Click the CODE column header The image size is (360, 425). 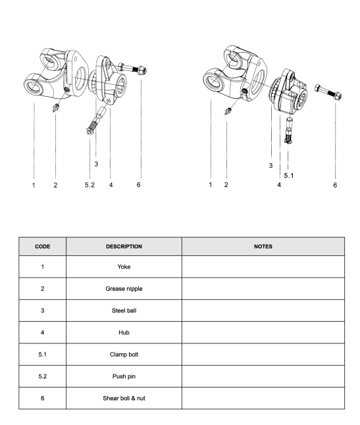coord(43,246)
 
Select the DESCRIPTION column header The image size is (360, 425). coord(124,246)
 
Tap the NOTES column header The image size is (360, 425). coord(263,246)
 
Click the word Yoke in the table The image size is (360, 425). coord(124,266)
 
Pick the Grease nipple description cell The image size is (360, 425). coord(124,289)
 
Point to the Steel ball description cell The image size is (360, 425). coord(124,311)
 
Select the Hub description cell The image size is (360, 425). coord(124,333)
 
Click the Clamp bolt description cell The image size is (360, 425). coord(124,355)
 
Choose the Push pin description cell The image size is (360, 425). coord(124,376)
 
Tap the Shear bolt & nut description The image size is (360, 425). coord(124,399)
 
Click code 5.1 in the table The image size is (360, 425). coord(43,355)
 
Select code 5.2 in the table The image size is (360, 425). coord(43,376)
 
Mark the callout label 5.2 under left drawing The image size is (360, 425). coord(90,185)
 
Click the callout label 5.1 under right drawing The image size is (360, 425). coord(289,176)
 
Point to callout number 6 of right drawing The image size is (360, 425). coord(335,185)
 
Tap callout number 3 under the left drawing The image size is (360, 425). coord(96,164)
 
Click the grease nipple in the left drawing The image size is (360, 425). coord(56,107)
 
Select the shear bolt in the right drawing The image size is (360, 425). coord(328,92)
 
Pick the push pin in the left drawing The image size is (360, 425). coord(95,121)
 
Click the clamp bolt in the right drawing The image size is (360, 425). coord(289,131)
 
